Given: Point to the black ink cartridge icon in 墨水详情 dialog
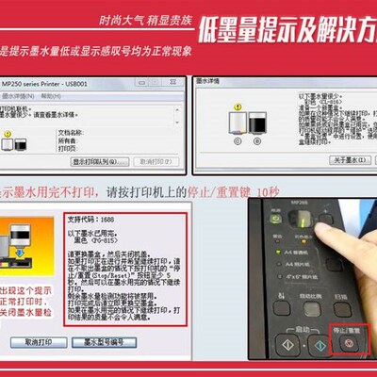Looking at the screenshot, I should click(256, 123).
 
